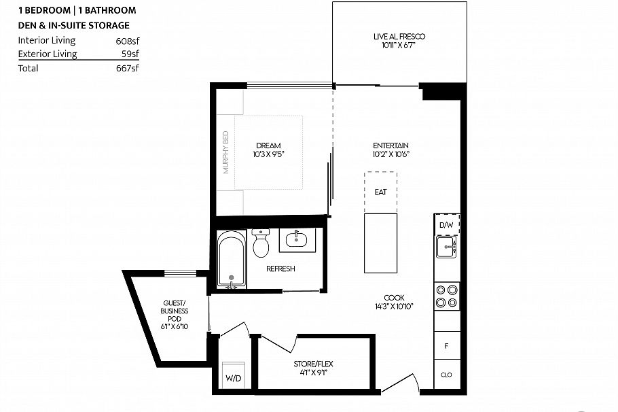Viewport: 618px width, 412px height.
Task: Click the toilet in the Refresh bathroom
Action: [x=261, y=243]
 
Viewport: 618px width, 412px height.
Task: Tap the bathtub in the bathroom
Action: [x=232, y=259]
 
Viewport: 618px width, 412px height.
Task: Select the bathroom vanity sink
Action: [x=297, y=239]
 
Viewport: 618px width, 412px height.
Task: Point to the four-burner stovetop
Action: [x=447, y=296]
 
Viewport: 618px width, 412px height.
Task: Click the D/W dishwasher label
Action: [x=446, y=225]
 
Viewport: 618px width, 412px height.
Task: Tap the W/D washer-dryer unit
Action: [x=234, y=375]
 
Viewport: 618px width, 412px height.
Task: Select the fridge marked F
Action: [x=447, y=345]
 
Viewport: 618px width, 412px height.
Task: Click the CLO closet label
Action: [x=446, y=375]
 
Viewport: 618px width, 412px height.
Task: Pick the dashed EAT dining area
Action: [x=380, y=192]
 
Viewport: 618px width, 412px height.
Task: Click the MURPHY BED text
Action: [x=226, y=152]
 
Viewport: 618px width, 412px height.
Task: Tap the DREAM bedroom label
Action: [x=268, y=145]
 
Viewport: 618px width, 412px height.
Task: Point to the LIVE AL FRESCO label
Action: [x=399, y=37]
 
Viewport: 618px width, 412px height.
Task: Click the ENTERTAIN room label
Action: [x=390, y=145]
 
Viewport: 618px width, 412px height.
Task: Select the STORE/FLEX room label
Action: [x=313, y=364]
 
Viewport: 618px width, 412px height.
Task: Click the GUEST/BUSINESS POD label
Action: [x=175, y=311]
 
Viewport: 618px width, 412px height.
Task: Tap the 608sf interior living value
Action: [x=127, y=41]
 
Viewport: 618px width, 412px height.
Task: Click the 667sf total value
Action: [x=127, y=68]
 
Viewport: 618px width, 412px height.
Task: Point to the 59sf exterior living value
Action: [x=130, y=54]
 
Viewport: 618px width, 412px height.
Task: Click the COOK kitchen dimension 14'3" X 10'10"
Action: [x=394, y=306]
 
